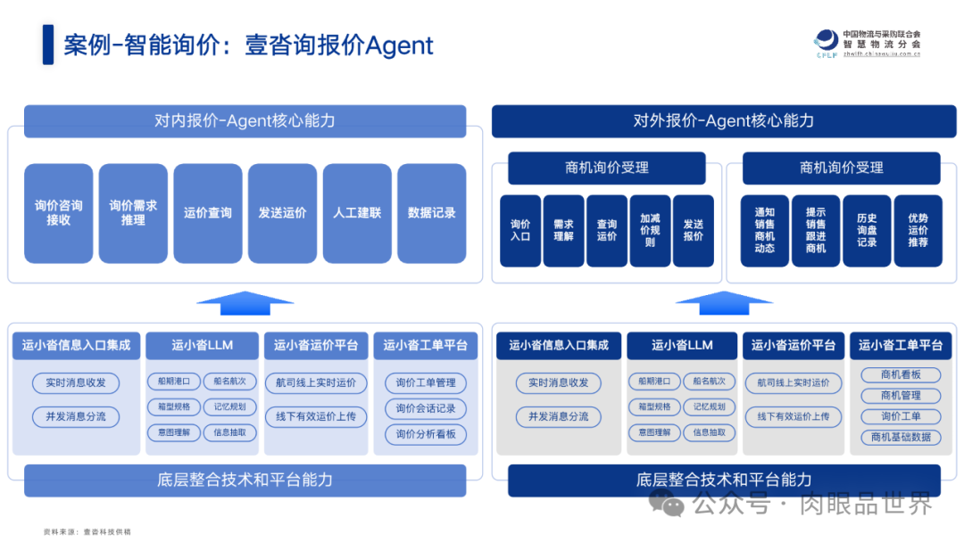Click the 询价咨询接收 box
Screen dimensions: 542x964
tap(59, 213)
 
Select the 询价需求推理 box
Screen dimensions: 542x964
tap(133, 213)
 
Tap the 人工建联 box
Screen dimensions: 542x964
tap(357, 213)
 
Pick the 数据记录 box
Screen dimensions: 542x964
tap(432, 213)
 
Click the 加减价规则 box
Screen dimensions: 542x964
tap(650, 231)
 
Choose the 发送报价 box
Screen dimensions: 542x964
tap(694, 231)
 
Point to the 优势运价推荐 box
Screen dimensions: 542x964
tap(918, 231)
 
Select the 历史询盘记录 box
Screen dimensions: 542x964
tap(867, 231)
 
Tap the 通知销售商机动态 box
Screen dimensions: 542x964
tap(765, 231)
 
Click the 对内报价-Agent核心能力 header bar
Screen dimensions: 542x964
tap(245, 121)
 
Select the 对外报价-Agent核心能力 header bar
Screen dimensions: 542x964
tap(724, 121)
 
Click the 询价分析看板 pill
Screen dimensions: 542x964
tap(426, 434)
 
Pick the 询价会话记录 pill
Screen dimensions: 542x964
tap(426, 408)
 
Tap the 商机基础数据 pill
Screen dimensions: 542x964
tap(901, 437)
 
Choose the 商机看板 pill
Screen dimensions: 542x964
tap(901, 374)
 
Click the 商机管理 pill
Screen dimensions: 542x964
tap(901, 395)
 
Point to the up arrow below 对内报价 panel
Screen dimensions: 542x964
tap(245, 302)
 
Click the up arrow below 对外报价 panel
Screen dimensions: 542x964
tap(724, 302)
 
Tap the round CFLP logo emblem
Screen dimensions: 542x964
tap(827, 40)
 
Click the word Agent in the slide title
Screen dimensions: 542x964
tap(399, 45)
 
